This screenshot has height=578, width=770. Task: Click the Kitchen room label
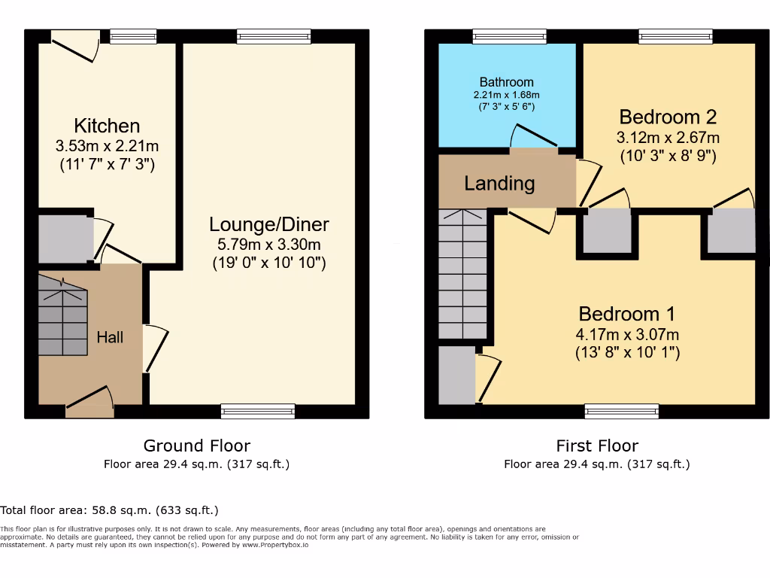click(x=107, y=126)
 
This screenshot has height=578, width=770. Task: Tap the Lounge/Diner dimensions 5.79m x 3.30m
click(x=268, y=244)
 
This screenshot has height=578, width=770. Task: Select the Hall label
click(x=110, y=337)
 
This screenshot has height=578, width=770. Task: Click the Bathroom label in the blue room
click(x=506, y=82)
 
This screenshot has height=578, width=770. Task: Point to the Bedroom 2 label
click(x=668, y=117)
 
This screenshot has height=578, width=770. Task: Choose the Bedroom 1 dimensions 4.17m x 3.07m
click(x=626, y=334)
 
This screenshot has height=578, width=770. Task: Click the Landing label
click(x=499, y=183)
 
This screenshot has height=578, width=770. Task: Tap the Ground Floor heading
click(x=196, y=446)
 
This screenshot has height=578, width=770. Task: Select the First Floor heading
click(x=596, y=446)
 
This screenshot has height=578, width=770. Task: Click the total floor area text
click(x=110, y=510)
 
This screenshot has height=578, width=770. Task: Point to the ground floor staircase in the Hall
click(x=63, y=316)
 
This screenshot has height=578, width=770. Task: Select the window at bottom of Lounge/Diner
click(x=258, y=411)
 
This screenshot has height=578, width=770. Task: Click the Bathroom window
click(x=510, y=36)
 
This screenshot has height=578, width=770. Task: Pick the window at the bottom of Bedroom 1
click(x=622, y=411)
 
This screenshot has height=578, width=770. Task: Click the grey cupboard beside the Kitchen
click(x=65, y=239)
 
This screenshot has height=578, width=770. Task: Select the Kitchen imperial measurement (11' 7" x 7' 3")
click(x=107, y=164)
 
